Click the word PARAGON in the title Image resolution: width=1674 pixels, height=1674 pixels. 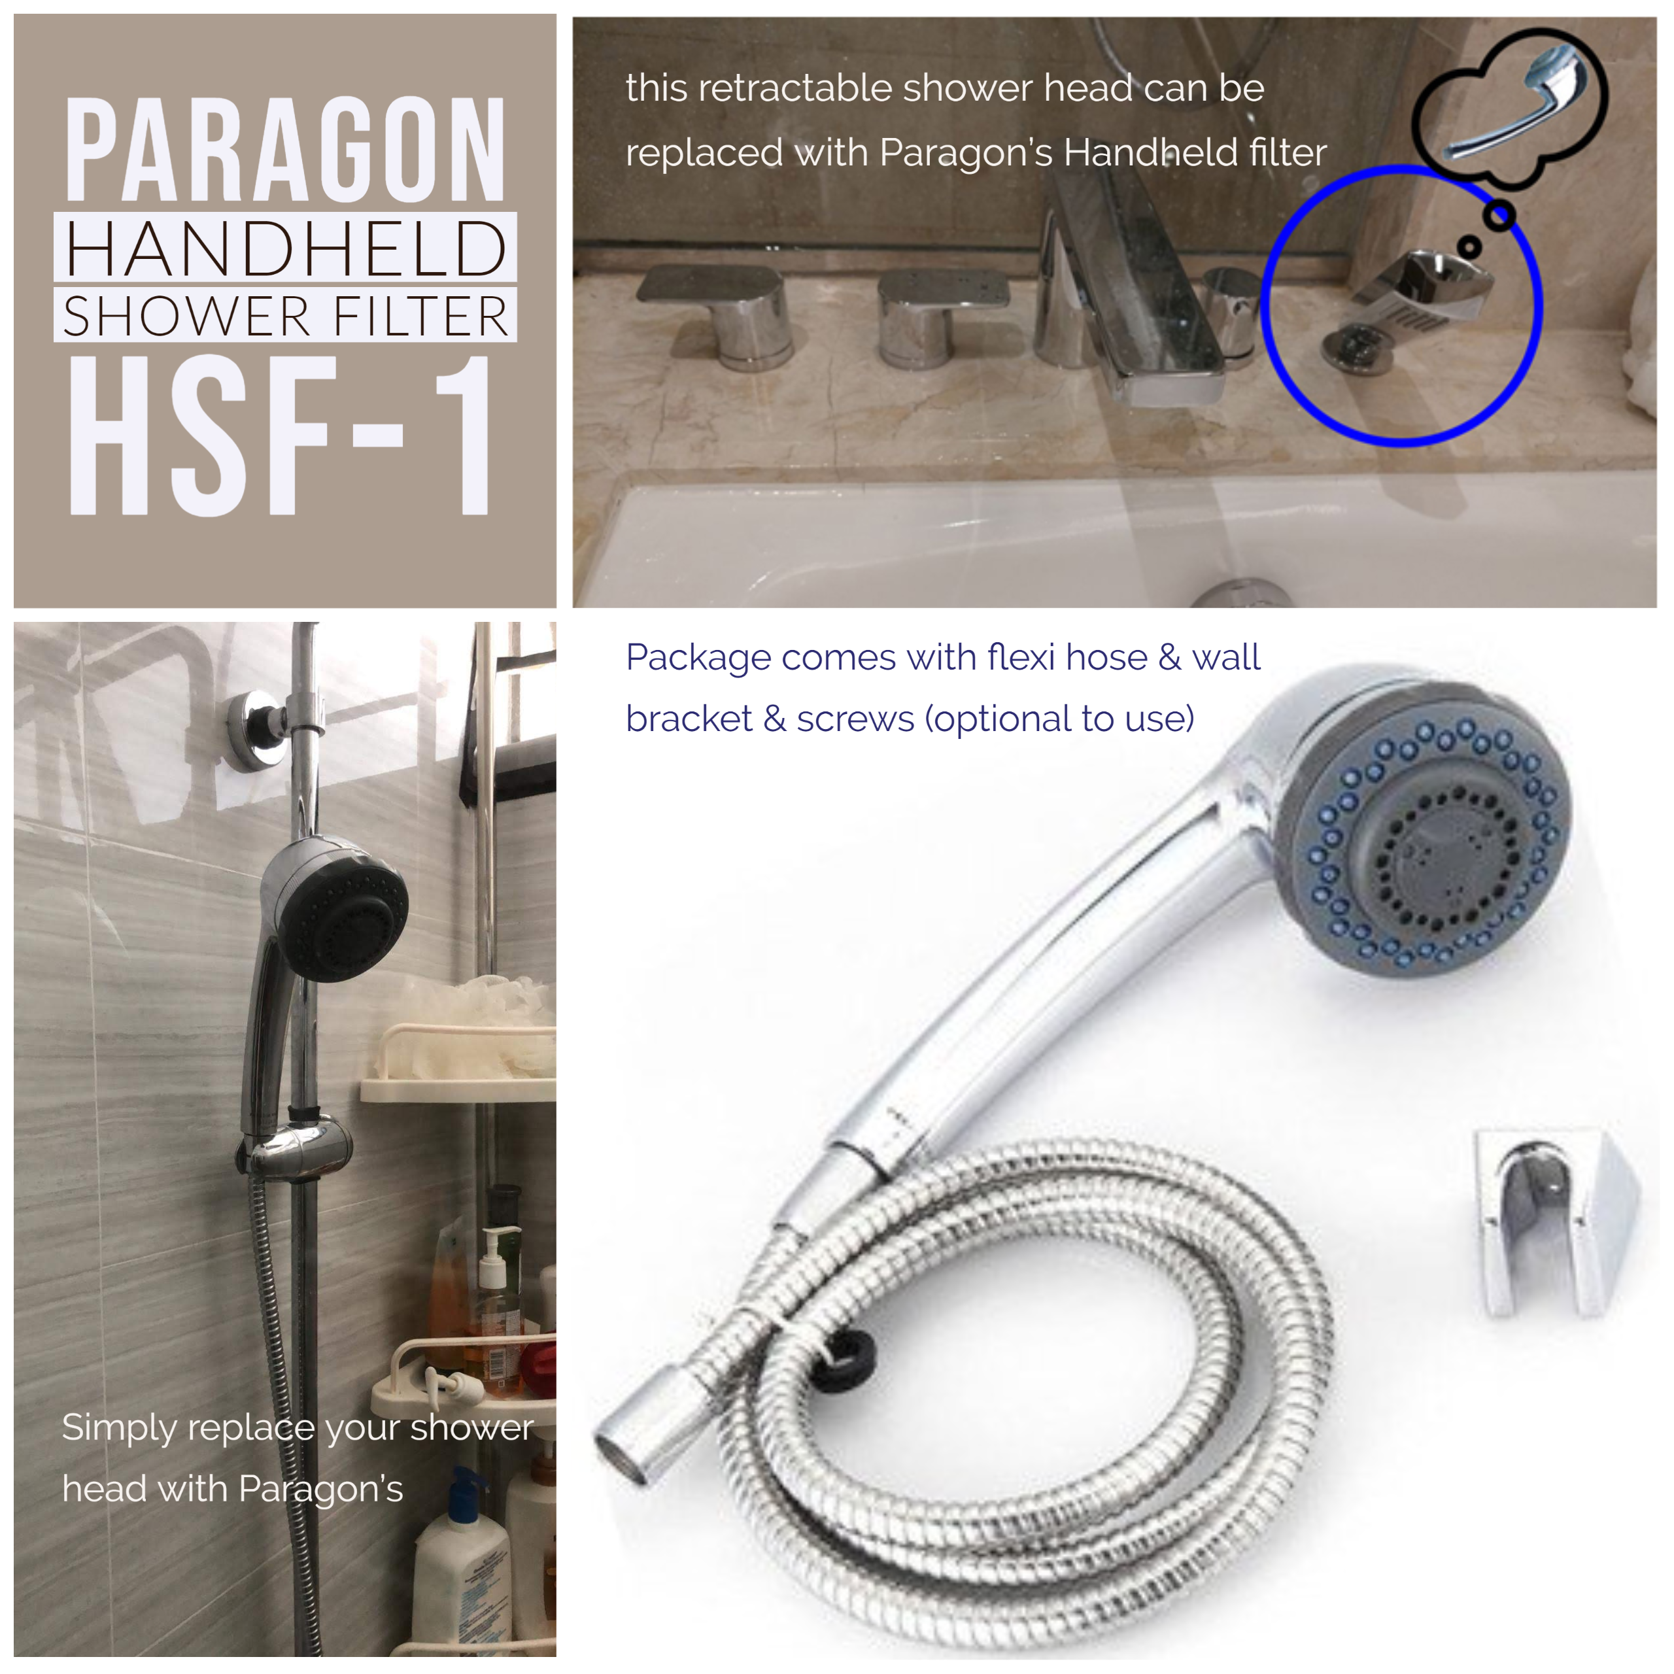point(285,149)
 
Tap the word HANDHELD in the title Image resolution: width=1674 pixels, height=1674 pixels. point(285,248)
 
